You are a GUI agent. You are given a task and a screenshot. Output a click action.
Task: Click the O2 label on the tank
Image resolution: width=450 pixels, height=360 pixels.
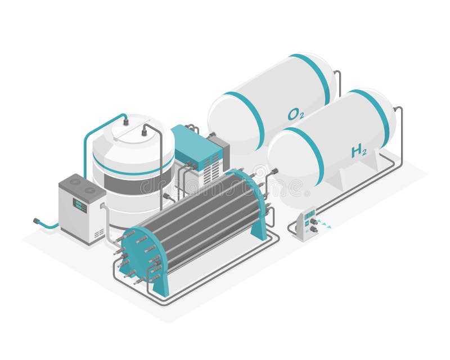point(296,115)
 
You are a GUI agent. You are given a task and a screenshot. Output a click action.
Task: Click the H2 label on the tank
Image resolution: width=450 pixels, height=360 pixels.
point(359,151)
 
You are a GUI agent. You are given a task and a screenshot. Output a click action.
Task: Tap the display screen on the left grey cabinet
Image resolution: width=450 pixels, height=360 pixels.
point(80,205)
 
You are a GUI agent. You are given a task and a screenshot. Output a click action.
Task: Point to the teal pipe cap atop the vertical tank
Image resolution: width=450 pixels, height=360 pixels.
point(125,121)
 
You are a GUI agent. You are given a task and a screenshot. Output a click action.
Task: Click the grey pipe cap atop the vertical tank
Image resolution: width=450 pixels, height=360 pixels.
point(144,132)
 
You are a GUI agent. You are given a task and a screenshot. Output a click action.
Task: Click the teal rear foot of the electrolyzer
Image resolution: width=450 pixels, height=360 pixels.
point(259,229)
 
